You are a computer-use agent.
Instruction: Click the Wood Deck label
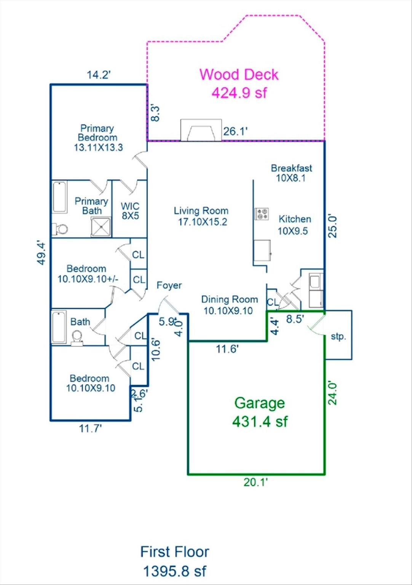coord(239,75)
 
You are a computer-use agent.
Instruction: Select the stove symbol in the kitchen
coord(262,214)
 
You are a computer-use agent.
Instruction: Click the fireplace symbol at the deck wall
coord(201,130)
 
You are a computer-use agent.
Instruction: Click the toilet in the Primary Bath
coord(61,229)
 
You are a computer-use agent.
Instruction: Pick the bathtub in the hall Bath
coord(59,327)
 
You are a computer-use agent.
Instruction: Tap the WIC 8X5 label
coord(130,211)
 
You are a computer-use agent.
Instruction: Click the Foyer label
coord(169,285)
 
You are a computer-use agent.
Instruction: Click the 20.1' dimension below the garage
coord(256,482)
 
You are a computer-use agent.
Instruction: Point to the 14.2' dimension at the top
coord(99,75)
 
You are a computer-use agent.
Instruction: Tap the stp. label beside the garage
coord(338,336)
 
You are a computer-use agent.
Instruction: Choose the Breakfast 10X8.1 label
coord(291,173)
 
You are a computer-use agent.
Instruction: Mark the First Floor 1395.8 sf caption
coord(175,561)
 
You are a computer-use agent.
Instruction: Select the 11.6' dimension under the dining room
coord(227,349)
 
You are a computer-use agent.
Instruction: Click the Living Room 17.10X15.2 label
coord(201,216)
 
